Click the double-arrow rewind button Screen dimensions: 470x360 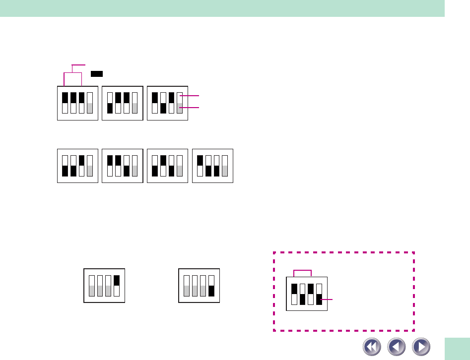pyautogui.click(x=372, y=346)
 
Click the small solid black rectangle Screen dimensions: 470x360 pyautogui.click(x=97, y=73)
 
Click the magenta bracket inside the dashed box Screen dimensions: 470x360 pyautogui.click(x=302, y=271)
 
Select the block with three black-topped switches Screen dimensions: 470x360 pyautogui.click(x=77, y=103)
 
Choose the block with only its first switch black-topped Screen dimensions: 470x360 pyautogui.click(x=212, y=166)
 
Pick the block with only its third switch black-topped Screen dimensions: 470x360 pyautogui.click(x=77, y=166)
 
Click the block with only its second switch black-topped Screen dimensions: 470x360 pyautogui.click(x=167, y=166)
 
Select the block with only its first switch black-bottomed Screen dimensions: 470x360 pyautogui.click(x=122, y=103)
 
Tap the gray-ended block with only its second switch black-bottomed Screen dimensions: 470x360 pyautogui.click(x=167, y=103)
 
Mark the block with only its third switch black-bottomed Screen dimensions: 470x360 pyautogui.click(x=122, y=166)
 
